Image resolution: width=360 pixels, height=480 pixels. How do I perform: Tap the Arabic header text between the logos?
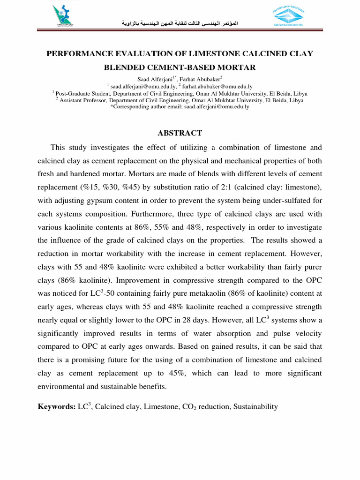180,22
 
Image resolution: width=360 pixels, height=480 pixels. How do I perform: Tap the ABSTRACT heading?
180,133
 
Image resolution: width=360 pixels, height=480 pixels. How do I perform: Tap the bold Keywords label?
56,407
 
